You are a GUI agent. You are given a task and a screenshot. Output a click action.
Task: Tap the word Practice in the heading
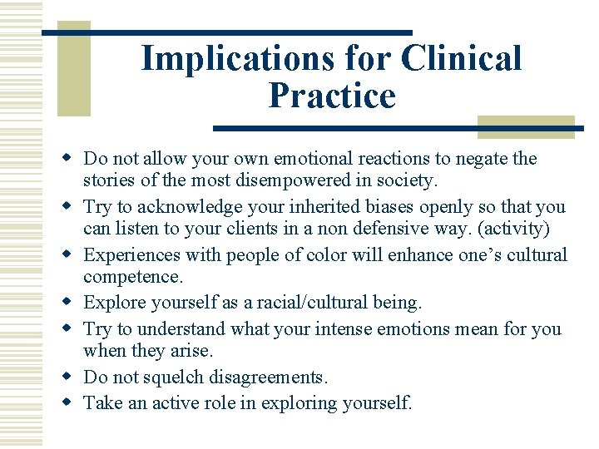(332, 96)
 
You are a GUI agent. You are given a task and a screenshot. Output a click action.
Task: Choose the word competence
(130, 276)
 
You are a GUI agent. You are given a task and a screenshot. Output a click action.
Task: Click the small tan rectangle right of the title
(526, 126)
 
